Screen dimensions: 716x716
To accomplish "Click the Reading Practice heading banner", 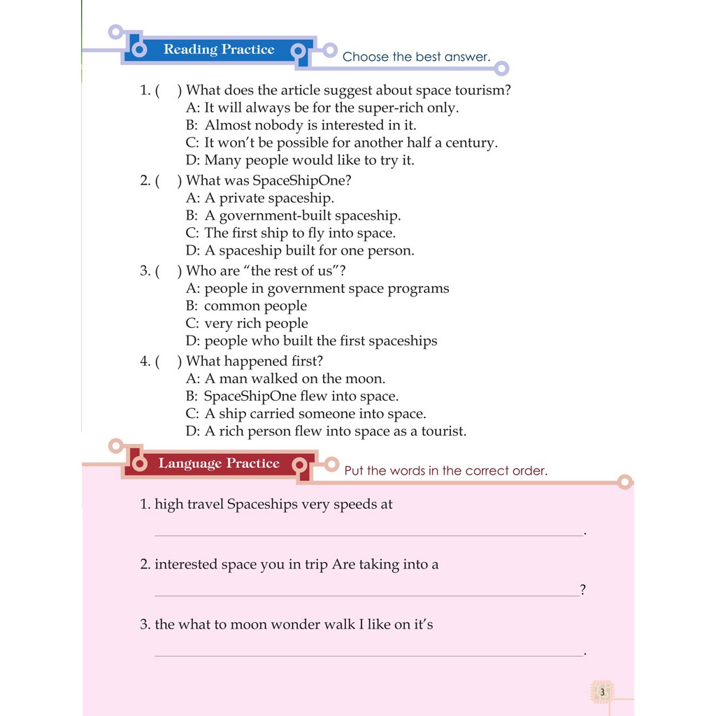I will pos(218,50).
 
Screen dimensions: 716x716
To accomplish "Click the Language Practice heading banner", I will pos(218,464).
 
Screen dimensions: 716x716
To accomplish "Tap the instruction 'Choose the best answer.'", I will pos(416,57).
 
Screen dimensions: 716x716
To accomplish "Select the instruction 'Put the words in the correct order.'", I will pos(445,471).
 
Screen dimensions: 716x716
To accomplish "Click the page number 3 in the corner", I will pos(601,692).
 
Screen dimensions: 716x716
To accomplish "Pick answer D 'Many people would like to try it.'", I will pos(300,160).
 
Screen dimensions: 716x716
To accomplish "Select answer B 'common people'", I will pos(246,306).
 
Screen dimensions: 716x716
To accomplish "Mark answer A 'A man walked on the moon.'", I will pos(285,378).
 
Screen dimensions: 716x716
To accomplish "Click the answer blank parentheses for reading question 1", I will pos(168,90).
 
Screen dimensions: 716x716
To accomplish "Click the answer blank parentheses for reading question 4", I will pos(168,361).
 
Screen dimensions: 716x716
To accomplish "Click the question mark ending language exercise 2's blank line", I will pos(582,590).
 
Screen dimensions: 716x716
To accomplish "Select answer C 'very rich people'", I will pos(247,323).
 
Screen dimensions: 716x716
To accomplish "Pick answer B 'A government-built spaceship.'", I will pos(293,215).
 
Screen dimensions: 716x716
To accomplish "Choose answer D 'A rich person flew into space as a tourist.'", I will pos(326,431).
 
